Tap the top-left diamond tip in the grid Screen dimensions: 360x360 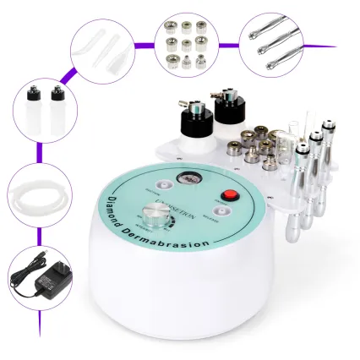(x=169, y=21)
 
